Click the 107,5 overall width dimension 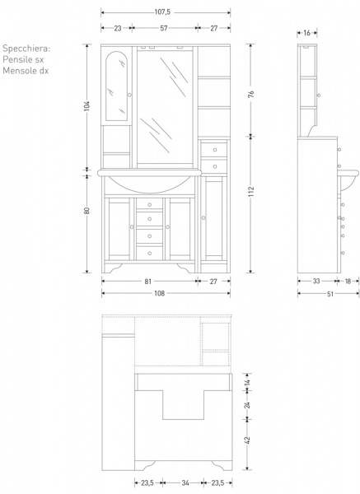click(x=162, y=12)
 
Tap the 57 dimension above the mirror click(x=164, y=28)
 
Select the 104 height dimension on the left click(x=87, y=105)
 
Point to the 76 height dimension click(x=251, y=94)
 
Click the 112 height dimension click(x=251, y=191)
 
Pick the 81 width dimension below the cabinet click(x=147, y=282)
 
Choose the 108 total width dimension click(x=160, y=294)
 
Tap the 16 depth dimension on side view click(x=306, y=33)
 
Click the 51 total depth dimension click(x=330, y=294)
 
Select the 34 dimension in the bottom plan click(x=185, y=482)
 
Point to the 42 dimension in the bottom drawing click(x=248, y=440)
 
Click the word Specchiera click(x=26, y=49)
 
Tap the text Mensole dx click(x=26, y=71)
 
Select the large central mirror click(x=165, y=107)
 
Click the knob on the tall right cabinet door click(x=203, y=217)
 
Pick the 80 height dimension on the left click(x=87, y=211)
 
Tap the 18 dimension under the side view click(x=348, y=282)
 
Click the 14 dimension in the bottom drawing click(x=248, y=383)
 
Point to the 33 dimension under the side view click(x=316, y=282)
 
